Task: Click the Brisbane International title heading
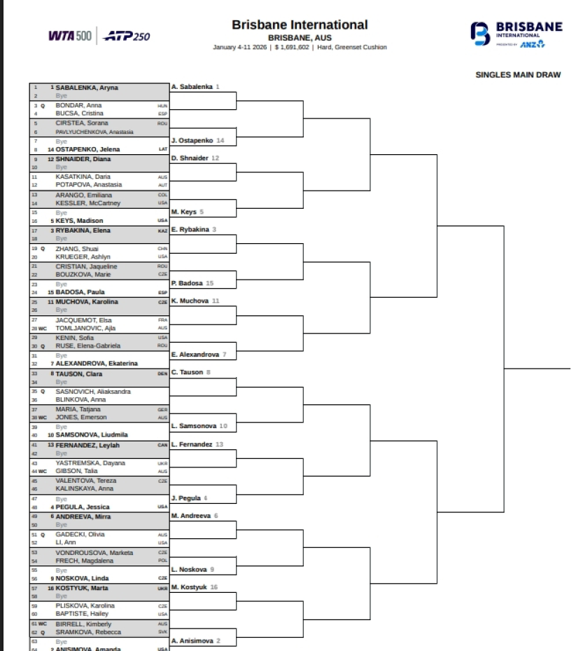(300, 25)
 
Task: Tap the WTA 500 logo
(69, 36)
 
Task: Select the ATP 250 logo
(127, 36)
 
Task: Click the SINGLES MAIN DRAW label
(517, 75)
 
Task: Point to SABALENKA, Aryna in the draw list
(87, 88)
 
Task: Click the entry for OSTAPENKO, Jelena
(87, 149)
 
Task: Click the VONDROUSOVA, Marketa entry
(94, 553)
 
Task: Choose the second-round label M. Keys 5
(188, 212)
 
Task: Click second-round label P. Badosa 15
(192, 283)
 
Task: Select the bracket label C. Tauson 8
(190, 372)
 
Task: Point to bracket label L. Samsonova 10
(199, 426)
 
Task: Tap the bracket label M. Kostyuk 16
(195, 587)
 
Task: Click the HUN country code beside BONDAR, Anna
(163, 106)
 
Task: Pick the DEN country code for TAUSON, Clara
(163, 374)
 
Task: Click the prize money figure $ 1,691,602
(288, 48)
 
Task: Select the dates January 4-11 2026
(240, 48)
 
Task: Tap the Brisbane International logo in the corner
(517, 34)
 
